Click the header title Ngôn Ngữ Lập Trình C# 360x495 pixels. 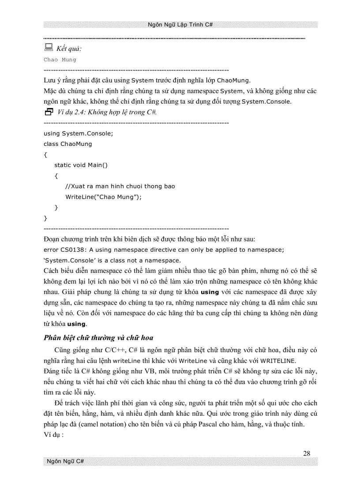point(180,25)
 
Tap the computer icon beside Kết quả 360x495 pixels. point(49,48)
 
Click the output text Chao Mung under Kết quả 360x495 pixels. point(60,60)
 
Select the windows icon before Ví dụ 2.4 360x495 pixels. point(49,112)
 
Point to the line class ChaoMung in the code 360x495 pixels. point(68,144)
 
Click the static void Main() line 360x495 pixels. point(81,165)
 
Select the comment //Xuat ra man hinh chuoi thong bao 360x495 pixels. point(120,186)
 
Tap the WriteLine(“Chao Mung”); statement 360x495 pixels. point(104,197)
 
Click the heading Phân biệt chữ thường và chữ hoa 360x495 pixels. point(98,338)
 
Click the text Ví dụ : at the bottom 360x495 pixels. point(54,434)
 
